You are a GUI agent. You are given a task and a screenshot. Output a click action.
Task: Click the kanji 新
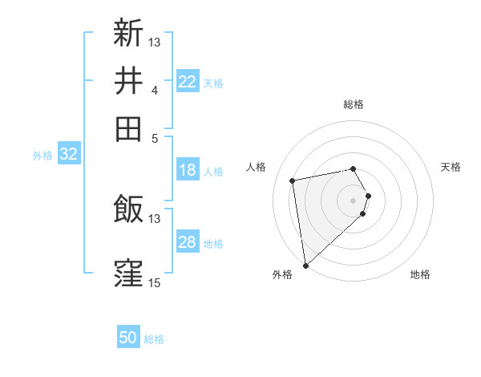point(128,33)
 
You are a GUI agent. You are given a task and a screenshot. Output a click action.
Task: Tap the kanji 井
point(128,81)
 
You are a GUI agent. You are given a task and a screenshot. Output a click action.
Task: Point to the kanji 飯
point(128,209)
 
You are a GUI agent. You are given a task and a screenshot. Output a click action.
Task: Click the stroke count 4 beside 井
point(154,90)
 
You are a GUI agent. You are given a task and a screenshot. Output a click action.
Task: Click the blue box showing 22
point(188,82)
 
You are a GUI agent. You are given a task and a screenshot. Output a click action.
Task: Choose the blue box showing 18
point(188,170)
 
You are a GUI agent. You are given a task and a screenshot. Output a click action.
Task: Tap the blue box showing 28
point(188,242)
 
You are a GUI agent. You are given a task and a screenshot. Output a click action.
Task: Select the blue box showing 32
point(68,154)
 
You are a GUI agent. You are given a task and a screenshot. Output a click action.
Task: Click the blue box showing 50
point(128,338)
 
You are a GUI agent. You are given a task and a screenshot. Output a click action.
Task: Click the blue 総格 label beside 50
point(154,339)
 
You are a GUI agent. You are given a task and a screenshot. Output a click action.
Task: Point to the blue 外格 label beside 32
point(42,156)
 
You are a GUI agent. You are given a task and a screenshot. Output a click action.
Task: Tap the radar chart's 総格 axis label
point(354,105)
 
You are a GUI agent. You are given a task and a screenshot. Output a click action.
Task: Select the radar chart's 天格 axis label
point(451,167)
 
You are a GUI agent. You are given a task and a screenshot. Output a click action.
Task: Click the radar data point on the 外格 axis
point(305,266)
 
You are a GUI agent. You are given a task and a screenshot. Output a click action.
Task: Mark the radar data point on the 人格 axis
point(293,180)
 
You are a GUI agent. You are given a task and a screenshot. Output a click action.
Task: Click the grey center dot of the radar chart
point(354,200)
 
